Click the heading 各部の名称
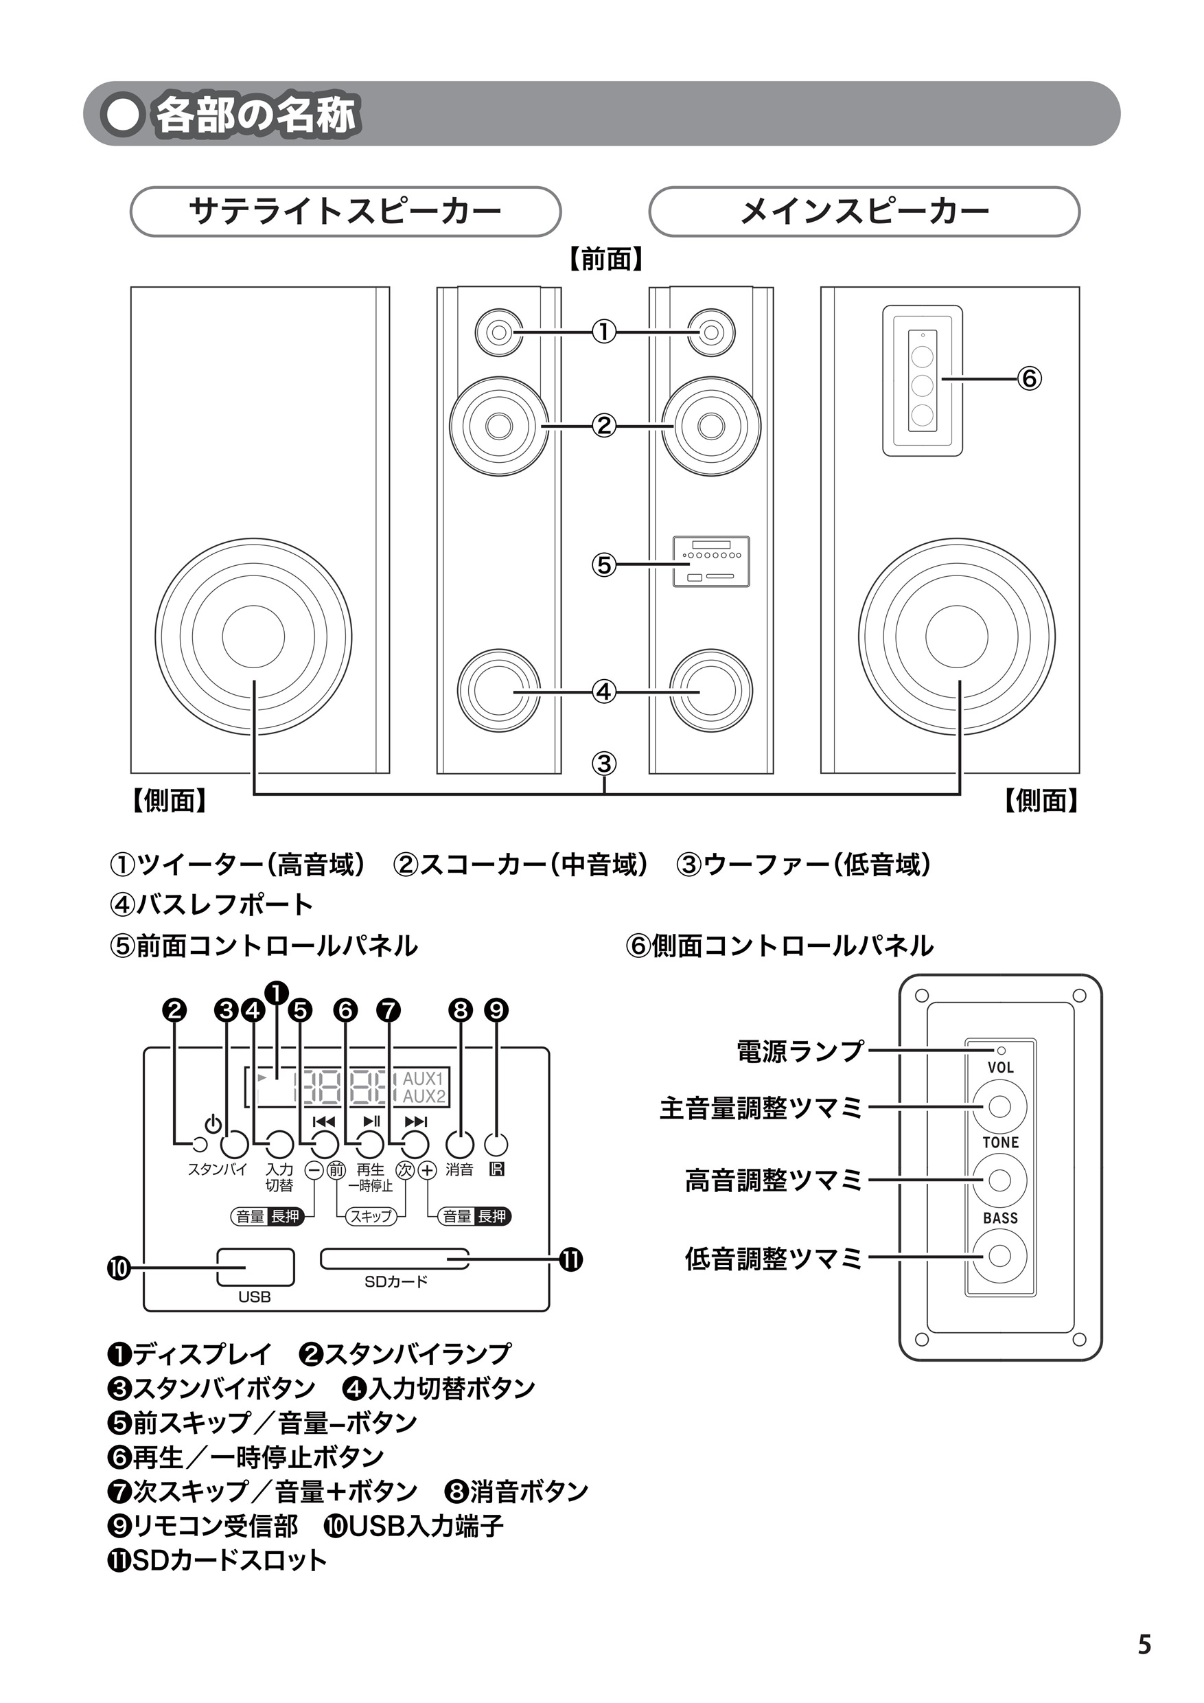[256, 116]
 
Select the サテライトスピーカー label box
[345, 212]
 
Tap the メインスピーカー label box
[864, 212]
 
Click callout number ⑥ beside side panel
[1029, 378]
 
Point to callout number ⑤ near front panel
[604, 564]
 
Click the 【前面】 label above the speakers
[605, 260]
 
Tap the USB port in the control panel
[255, 1267]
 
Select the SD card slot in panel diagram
[395, 1258]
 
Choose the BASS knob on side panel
[999, 1256]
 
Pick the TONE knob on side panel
[999, 1179]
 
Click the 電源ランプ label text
[800, 1051]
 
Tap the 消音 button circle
[460, 1145]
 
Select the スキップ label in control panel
[371, 1215]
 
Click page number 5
[1145, 1645]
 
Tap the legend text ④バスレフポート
[211, 904]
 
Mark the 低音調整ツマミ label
[773, 1258]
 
